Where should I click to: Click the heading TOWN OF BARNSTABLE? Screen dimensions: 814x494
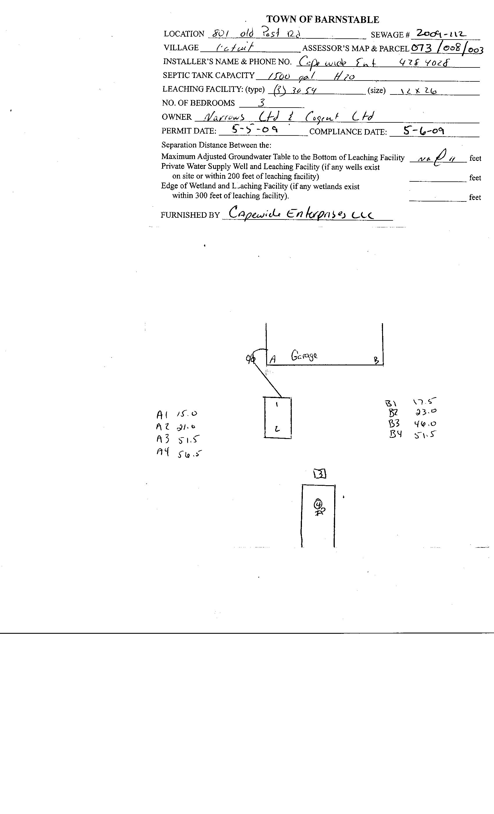322,19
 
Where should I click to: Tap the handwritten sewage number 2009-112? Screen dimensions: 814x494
441,33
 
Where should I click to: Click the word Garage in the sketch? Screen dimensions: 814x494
304,356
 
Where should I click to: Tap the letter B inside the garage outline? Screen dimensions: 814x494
376,360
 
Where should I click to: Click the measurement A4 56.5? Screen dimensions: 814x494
179,453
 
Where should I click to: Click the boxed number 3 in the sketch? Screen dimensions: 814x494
320,474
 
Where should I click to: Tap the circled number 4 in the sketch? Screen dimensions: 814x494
318,504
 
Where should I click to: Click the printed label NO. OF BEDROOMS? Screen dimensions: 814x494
198,103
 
